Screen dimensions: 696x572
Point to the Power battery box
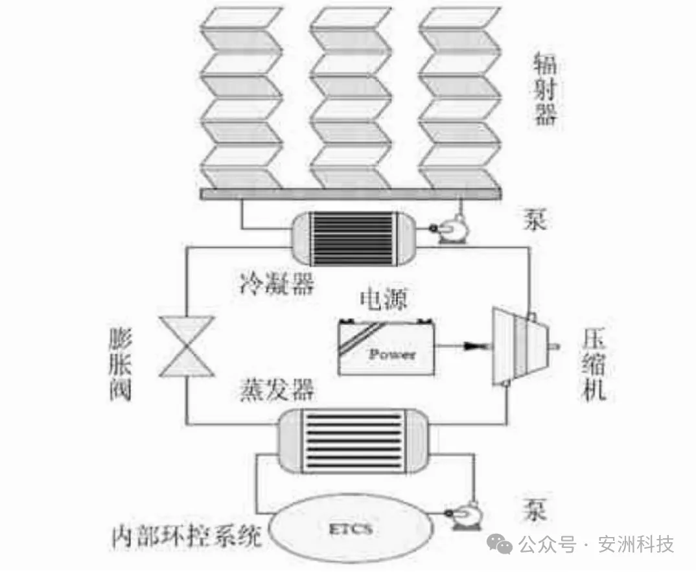tap(386, 347)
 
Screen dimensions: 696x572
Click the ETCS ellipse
tap(353, 529)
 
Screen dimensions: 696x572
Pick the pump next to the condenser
tap(447, 230)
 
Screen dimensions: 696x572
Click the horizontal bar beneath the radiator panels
tap(350, 194)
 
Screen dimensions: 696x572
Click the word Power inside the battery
tap(391, 354)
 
